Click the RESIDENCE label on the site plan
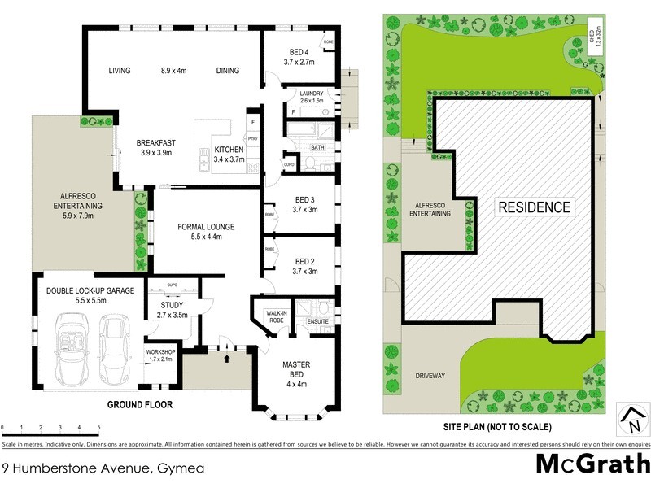click(534, 207)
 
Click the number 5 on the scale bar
click(98, 427)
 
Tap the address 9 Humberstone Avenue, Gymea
click(103, 468)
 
